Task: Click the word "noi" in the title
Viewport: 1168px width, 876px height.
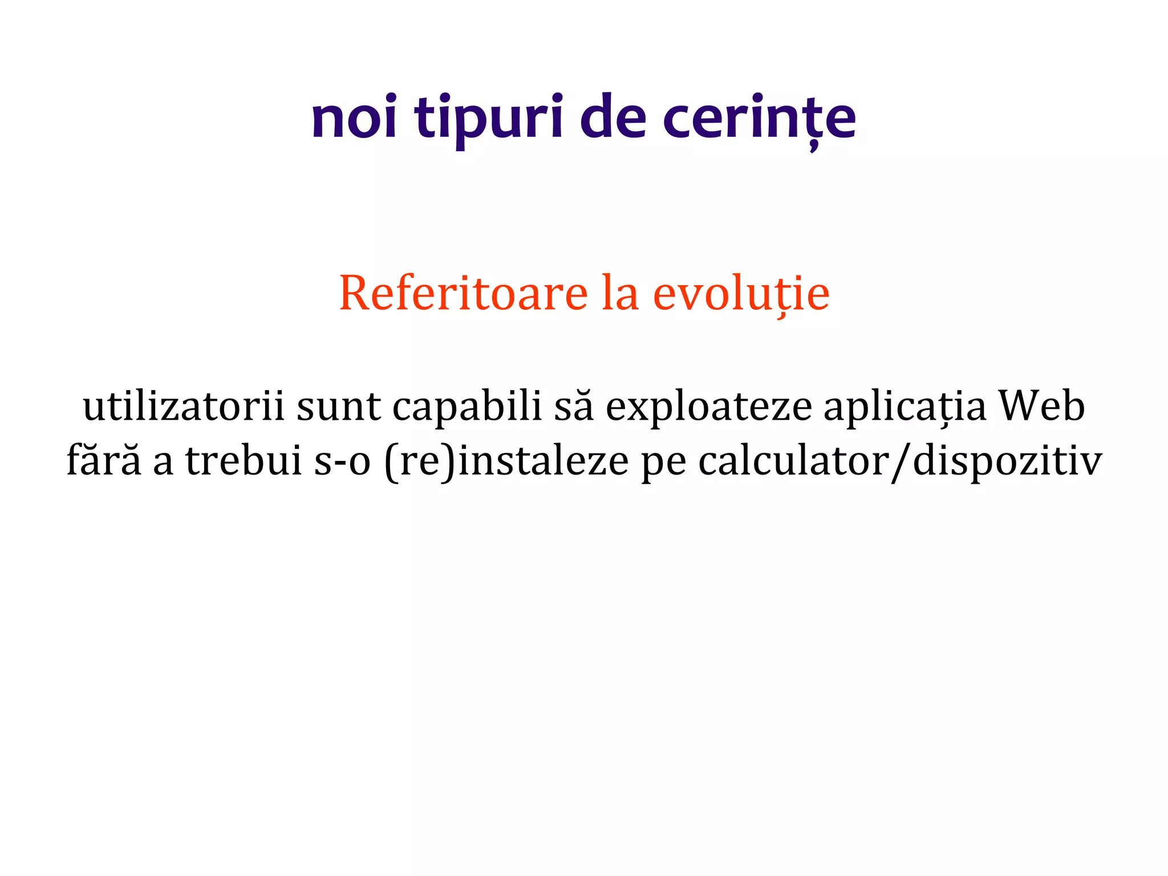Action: coord(354,118)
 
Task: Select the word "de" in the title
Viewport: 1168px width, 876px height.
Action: coord(613,118)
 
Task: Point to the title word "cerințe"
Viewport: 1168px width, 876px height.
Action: coord(759,118)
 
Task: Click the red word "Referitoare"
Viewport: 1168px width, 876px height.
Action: coord(463,293)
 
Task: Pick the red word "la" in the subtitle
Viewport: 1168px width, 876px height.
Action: coord(620,293)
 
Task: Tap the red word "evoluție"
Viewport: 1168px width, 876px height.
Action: coord(741,293)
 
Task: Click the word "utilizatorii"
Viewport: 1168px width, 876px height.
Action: coord(183,406)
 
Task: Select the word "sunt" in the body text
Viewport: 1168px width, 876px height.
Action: coord(339,406)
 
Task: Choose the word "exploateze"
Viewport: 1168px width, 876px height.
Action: coord(708,406)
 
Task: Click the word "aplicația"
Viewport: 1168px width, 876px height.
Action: coord(905,406)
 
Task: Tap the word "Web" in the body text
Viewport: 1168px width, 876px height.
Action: coord(1041,406)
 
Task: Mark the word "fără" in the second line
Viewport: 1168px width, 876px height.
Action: coord(104,461)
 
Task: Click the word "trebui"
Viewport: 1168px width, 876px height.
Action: coord(244,461)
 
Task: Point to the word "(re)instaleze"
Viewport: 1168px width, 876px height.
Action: coord(506,461)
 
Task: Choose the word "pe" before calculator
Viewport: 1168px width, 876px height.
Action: coord(664,461)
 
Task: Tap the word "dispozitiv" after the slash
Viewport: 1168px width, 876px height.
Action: coord(1007,461)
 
